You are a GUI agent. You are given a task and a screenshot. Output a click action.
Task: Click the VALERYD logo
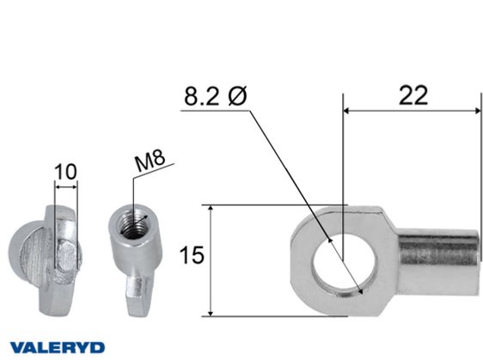(x=57, y=347)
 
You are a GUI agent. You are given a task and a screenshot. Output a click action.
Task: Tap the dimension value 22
(x=413, y=95)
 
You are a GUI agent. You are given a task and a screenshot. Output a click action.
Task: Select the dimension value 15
(x=192, y=255)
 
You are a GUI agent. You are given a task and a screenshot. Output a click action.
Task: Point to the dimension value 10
(x=65, y=172)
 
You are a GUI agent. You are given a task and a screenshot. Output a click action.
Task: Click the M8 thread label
(x=150, y=161)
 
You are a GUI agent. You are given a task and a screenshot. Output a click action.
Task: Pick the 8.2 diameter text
(x=202, y=96)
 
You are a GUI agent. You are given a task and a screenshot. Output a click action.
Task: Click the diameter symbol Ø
(x=237, y=95)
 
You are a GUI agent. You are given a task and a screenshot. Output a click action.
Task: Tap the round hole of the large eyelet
(x=344, y=261)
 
